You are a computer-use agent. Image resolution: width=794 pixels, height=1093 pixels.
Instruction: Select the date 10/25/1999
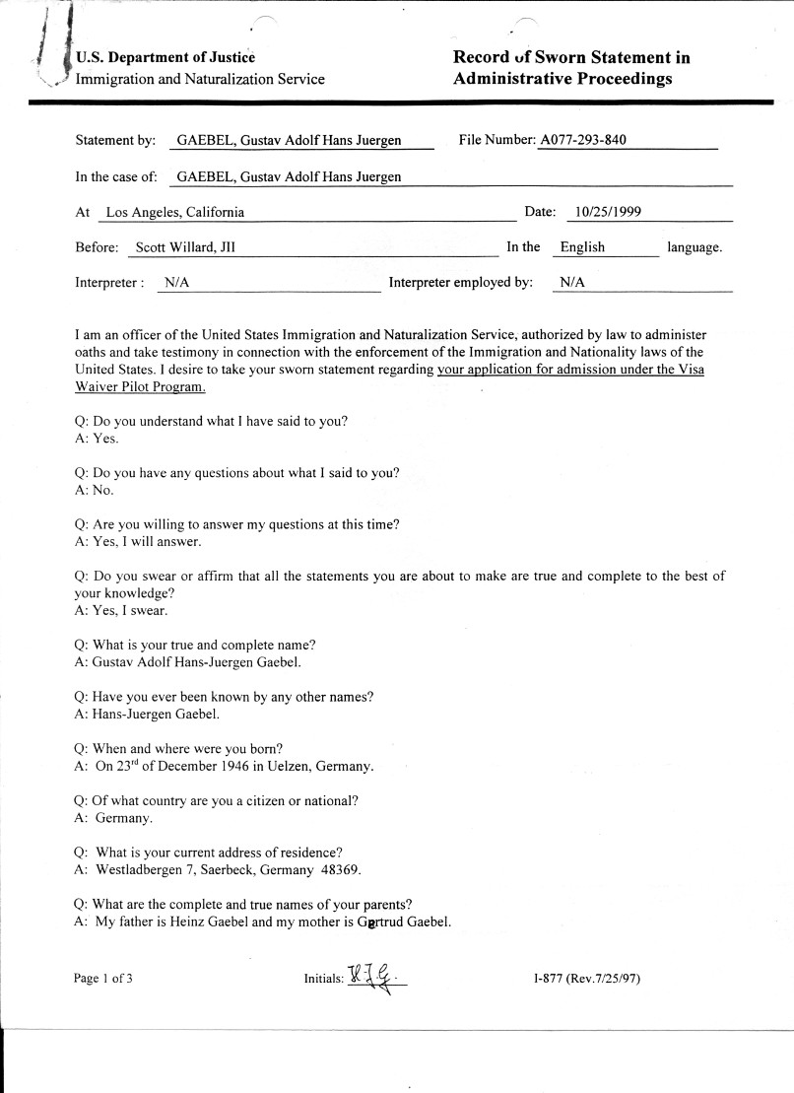click(x=609, y=212)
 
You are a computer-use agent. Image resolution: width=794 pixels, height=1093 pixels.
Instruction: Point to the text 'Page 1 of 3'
click(x=103, y=979)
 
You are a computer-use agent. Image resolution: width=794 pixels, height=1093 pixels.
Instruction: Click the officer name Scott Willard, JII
click(x=186, y=247)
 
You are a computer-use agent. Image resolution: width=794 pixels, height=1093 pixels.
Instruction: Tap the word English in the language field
click(x=582, y=247)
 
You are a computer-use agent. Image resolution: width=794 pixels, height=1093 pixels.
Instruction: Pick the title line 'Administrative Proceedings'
click(x=562, y=79)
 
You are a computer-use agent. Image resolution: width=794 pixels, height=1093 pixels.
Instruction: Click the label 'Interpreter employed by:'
click(x=461, y=283)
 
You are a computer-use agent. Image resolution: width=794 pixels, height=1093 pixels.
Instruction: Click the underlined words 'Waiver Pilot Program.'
click(x=140, y=386)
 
